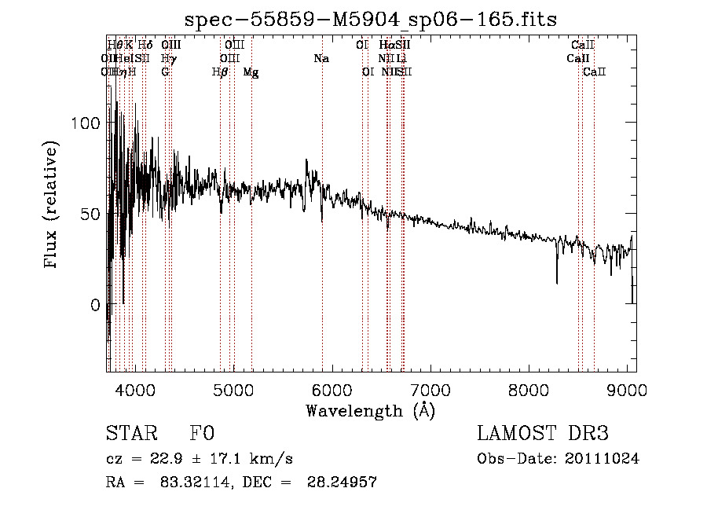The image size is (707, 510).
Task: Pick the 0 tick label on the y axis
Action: pos(95,305)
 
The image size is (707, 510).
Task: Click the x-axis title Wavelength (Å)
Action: pos(370,410)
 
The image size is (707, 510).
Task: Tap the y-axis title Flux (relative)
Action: pos(52,205)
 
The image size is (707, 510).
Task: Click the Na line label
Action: pos(321,59)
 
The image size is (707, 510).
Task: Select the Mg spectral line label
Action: pos(251,72)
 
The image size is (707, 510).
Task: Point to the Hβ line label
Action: pos(220,72)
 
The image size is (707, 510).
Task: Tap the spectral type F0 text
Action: pos(202,434)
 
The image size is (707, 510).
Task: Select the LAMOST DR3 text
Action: pos(543,434)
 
